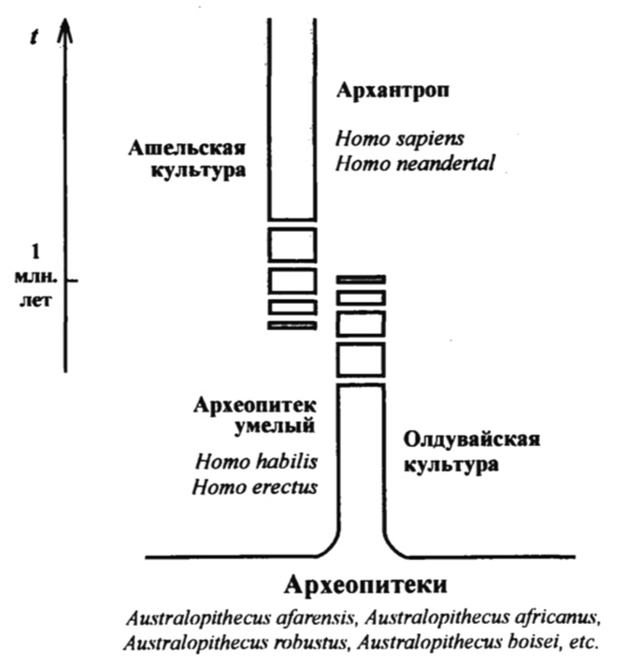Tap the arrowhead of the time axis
64,33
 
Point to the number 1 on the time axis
36,253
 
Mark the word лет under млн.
36,303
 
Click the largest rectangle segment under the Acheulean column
292,243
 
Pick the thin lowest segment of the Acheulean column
292,325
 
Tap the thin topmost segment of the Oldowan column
361,279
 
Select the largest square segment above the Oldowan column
361,360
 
